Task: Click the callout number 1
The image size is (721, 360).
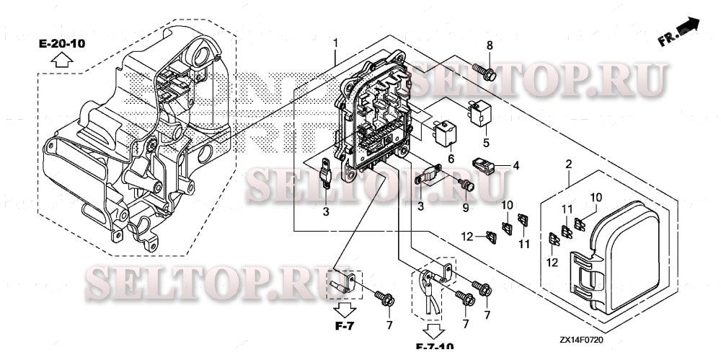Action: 335,43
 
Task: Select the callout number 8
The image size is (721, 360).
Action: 490,46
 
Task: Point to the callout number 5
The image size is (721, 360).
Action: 486,142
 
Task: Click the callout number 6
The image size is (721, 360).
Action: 451,158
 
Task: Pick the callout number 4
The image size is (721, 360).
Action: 516,165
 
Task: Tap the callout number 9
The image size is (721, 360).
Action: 465,208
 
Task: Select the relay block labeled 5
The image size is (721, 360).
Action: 479,112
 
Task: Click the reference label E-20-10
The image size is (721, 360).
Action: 62,44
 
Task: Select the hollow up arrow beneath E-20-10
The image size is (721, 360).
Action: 62,61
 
